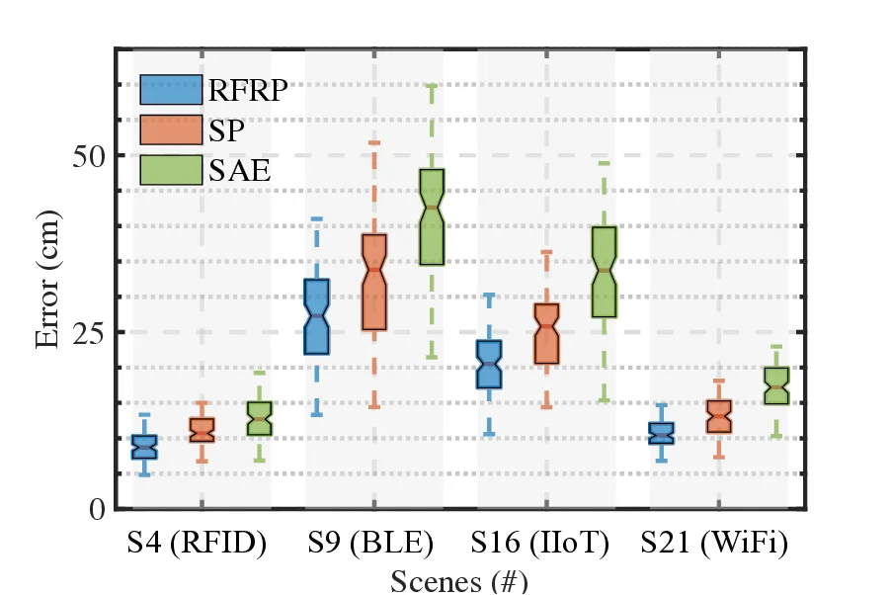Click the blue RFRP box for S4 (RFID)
point(144,447)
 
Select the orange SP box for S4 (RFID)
point(202,430)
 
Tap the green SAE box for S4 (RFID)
point(260,419)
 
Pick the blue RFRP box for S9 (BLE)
point(317,316)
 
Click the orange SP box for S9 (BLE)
point(374,283)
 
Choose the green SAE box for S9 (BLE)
point(432,217)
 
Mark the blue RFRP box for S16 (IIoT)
point(489,365)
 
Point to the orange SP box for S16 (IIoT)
point(546,334)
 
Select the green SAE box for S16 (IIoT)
point(604,272)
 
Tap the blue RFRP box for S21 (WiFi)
point(661,433)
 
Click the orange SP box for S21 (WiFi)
point(719,417)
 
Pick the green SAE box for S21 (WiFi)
point(776,385)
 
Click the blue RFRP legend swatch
point(170,91)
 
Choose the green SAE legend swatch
point(170,170)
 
